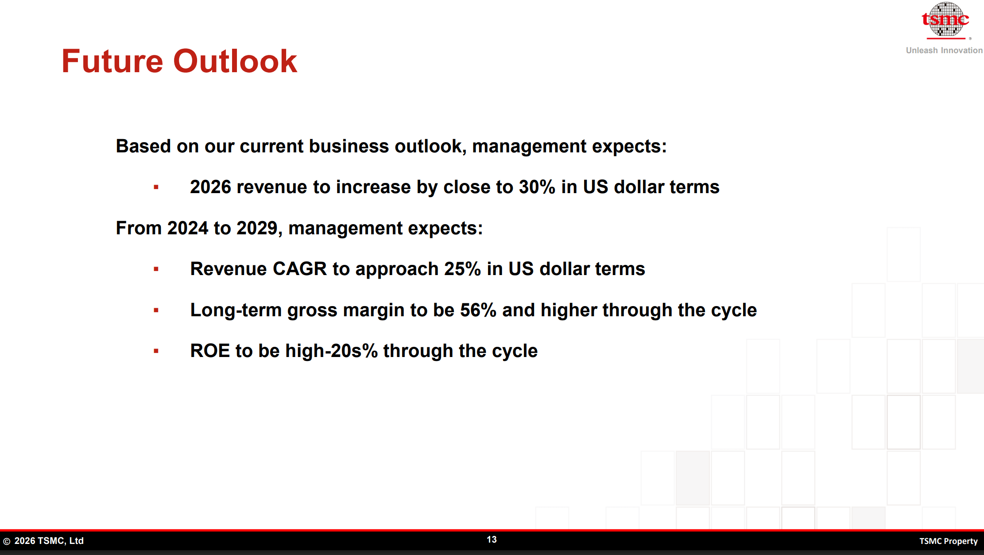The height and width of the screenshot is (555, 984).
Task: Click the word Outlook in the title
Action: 235,61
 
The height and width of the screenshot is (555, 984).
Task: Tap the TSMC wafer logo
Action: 945,19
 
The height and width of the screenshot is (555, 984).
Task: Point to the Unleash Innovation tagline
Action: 944,50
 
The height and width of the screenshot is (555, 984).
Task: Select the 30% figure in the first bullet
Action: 537,187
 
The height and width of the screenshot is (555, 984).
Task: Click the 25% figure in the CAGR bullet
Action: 462,269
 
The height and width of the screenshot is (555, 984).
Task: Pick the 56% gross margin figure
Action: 478,310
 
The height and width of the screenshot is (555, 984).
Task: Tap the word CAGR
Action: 299,269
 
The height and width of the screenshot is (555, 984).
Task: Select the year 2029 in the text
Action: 257,228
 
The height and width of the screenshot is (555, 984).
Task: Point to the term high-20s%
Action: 331,351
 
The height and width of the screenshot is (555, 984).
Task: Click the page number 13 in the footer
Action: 492,539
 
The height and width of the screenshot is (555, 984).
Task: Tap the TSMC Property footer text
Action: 948,541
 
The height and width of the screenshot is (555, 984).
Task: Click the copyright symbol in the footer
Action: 7,541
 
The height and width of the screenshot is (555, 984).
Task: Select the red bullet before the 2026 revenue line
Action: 156,187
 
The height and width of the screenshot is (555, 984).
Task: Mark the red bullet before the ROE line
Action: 156,351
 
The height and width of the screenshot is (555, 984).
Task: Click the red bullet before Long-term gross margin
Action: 156,310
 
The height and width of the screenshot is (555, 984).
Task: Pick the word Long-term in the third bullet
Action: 236,310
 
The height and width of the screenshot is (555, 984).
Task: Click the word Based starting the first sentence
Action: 143,146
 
